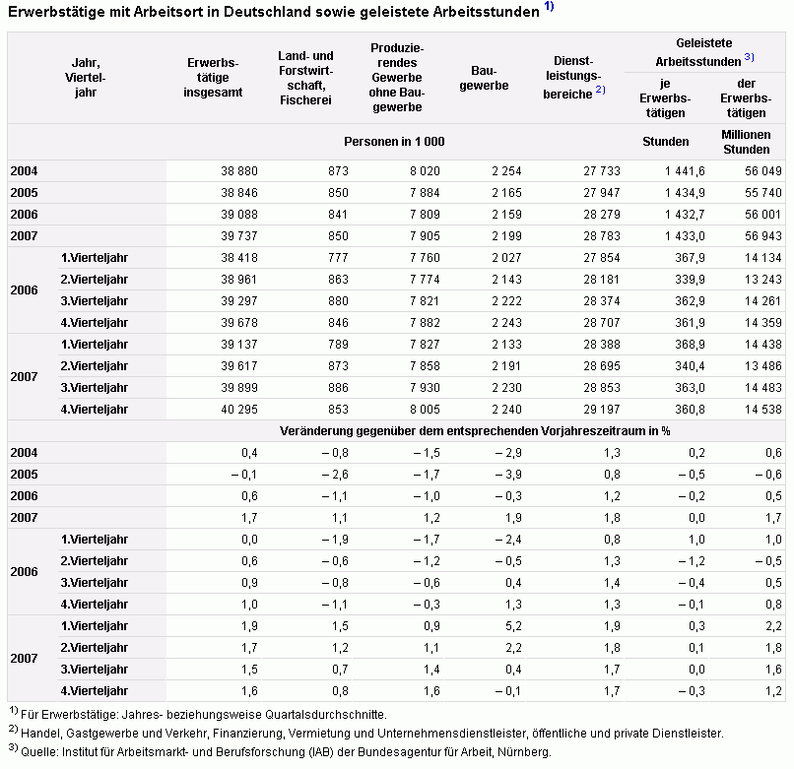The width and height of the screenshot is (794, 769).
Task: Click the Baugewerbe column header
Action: [484, 78]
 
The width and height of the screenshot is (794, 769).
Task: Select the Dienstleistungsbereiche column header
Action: [573, 78]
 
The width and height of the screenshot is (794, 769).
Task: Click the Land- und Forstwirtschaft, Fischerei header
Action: [305, 78]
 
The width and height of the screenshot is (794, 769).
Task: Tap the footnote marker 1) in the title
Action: [549, 6]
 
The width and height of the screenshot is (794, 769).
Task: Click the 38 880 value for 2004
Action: [239, 171]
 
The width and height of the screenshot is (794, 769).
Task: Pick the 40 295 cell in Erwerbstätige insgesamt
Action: [239, 409]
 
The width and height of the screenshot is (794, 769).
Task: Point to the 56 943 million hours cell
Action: [763, 236]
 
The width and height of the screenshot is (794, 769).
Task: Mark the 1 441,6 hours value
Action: [685, 171]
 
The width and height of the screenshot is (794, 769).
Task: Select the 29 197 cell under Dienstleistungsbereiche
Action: [602, 409]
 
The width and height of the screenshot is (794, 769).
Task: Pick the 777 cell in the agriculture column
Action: [338, 258]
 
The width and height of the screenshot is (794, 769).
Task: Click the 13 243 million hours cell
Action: [763, 280]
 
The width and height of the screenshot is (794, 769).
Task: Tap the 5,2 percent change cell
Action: [513, 626]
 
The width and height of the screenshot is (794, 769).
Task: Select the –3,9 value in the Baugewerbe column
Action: [508, 475]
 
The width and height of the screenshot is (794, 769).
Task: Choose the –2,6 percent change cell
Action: [335, 475]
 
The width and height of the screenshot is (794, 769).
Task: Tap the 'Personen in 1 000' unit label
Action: [394, 142]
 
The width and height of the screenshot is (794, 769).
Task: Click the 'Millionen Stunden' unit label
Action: [746, 142]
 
